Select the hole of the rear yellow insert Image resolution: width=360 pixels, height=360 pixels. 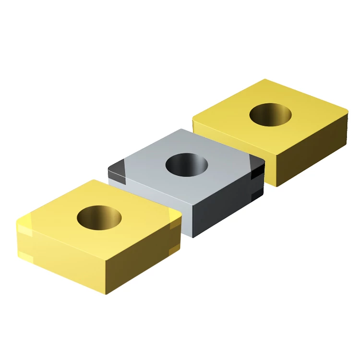click(x=270, y=116)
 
